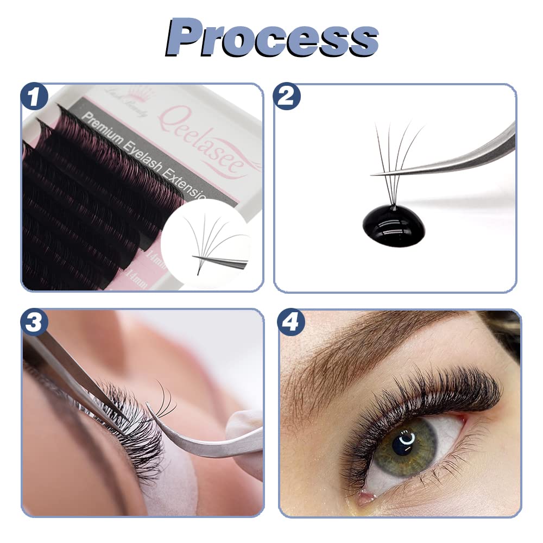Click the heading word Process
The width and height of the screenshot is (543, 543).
point(271,37)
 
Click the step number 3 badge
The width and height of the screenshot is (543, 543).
point(34,323)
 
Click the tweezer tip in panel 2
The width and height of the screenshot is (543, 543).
point(380,173)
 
